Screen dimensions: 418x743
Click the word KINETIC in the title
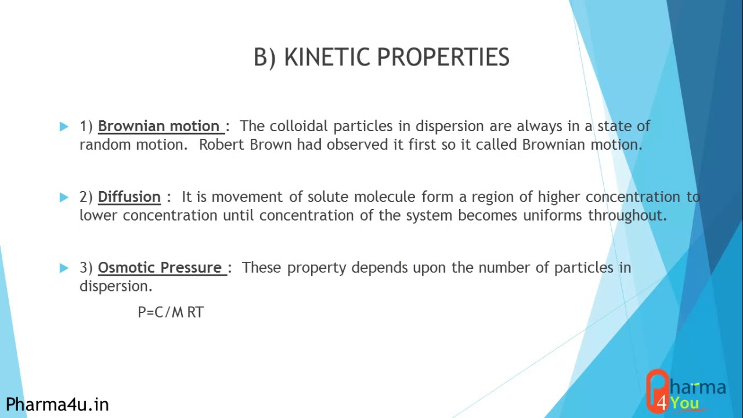(327, 57)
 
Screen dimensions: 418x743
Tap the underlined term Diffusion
(129, 197)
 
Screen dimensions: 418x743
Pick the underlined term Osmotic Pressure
(160, 268)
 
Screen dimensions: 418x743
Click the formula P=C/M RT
(171, 312)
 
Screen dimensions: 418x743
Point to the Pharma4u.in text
(57, 404)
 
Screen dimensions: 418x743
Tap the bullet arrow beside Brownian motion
(64, 126)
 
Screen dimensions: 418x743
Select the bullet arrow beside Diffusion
(64, 197)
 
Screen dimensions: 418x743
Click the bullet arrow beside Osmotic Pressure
(64, 268)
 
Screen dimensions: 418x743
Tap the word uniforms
(553, 215)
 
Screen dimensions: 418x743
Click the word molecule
(385, 197)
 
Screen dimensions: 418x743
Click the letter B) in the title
(265, 57)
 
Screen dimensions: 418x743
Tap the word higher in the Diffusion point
(558, 197)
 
